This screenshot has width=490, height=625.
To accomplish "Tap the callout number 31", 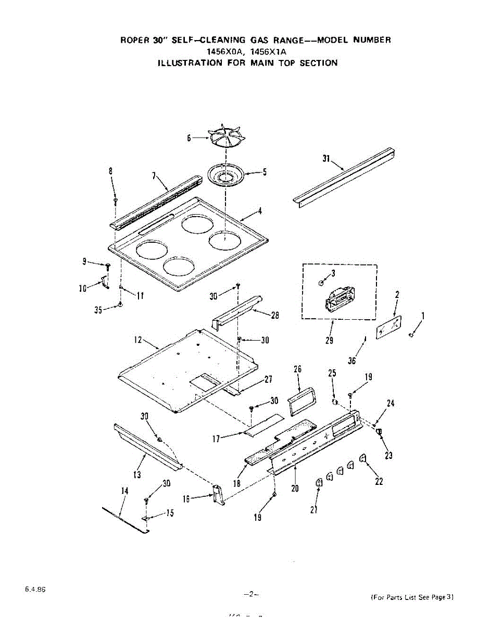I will pyautogui.click(x=326, y=159).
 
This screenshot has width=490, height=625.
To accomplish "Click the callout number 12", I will pyautogui.click(x=137, y=340).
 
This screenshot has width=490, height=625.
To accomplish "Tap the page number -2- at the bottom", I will pyautogui.click(x=251, y=594).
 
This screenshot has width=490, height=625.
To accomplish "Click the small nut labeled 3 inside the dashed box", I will pyautogui.click(x=321, y=282).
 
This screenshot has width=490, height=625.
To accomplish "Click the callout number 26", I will pyautogui.click(x=298, y=369).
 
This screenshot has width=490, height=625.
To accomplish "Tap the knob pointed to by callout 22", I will pyautogui.click(x=363, y=458).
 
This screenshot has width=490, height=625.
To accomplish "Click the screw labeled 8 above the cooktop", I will pyautogui.click(x=116, y=199).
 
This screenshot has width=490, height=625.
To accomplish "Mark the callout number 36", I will pyautogui.click(x=352, y=360).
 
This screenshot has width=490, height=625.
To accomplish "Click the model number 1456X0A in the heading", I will pyautogui.click(x=225, y=52).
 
